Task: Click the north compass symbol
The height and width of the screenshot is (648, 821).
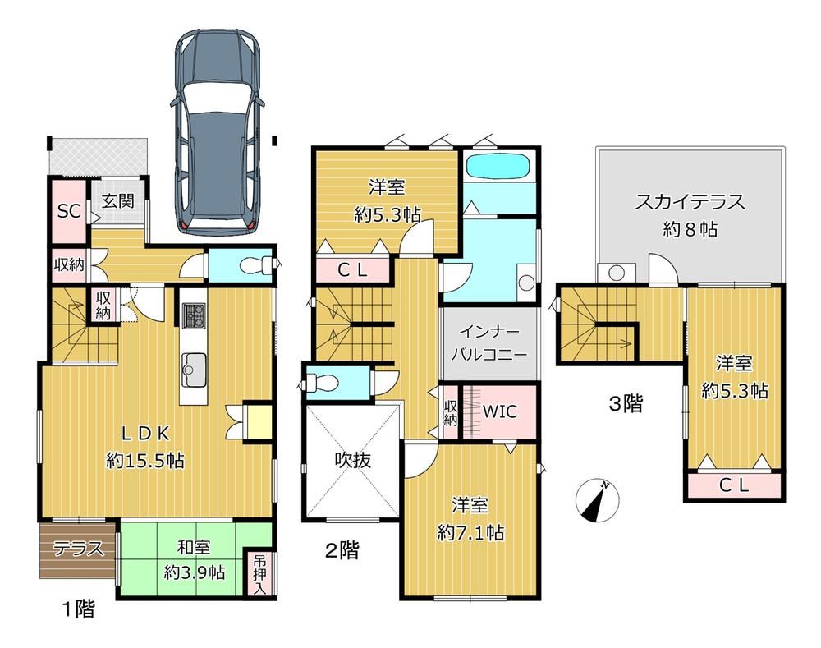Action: click(597, 501)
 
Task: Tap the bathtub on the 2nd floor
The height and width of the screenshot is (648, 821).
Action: click(498, 166)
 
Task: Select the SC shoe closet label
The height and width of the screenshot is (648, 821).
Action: click(69, 211)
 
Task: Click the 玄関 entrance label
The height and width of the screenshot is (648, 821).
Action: click(117, 201)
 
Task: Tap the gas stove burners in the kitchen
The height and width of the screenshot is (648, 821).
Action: click(194, 315)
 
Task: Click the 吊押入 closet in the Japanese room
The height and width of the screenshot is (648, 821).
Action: click(259, 575)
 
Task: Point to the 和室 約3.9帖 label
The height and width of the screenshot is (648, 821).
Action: click(195, 559)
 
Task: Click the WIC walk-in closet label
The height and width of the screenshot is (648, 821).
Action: click(499, 411)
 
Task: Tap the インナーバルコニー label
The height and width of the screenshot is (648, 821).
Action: click(489, 343)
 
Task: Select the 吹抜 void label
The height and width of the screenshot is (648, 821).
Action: click(353, 460)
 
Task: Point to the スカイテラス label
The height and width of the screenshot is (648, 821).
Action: click(690, 202)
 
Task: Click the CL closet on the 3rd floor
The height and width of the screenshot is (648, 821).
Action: click(734, 485)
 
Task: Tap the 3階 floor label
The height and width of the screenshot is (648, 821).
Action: click(626, 404)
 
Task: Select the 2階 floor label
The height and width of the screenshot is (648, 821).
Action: click(342, 550)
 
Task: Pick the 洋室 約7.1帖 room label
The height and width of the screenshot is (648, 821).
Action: click(470, 519)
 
